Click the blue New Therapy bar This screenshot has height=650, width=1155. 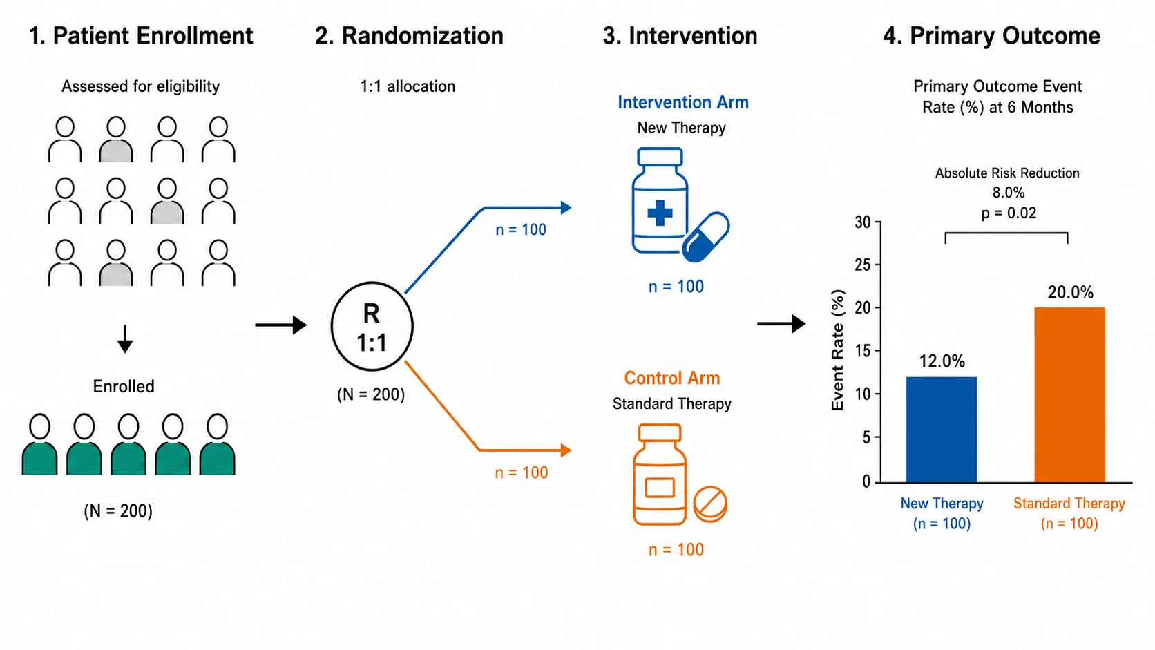tap(942, 430)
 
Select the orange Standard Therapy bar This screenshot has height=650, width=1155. tap(1069, 395)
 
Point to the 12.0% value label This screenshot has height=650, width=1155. tap(942, 361)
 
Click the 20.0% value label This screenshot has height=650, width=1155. tap(1071, 292)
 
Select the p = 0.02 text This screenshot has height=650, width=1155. tap(1009, 213)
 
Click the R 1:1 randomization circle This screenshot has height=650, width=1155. tap(372, 326)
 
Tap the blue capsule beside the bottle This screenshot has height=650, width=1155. tap(705, 237)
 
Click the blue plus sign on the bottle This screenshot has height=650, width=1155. tap(660, 213)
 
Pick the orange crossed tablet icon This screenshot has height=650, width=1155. tap(710, 504)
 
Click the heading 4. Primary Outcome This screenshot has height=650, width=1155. tap(991, 35)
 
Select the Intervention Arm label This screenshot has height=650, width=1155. tap(683, 102)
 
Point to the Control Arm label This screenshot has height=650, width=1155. tap(672, 378)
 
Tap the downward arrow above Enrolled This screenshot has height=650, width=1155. tap(125, 339)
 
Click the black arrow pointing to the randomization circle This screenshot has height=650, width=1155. tap(281, 325)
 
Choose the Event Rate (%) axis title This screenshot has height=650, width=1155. tap(837, 350)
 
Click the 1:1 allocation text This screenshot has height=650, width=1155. tap(408, 86)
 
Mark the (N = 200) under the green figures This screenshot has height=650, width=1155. tap(118, 510)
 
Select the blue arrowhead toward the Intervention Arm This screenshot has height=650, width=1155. tap(566, 208)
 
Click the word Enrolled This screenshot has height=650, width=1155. tap(124, 386)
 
